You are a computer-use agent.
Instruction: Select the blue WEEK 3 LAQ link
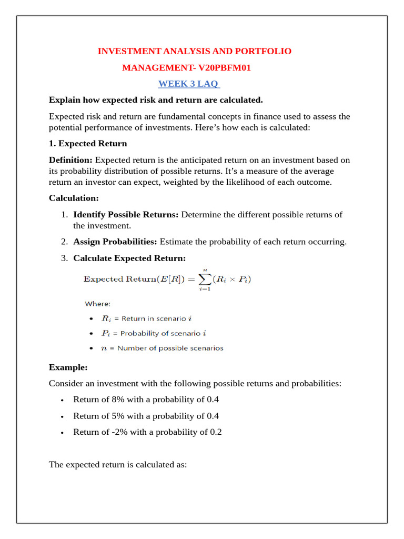click(x=189, y=84)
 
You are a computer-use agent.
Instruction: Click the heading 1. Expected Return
click(x=87, y=143)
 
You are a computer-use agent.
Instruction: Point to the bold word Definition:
click(x=70, y=160)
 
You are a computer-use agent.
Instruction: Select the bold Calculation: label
click(x=74, y=198)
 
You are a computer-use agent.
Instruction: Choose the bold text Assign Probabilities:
click(x=115, y=242)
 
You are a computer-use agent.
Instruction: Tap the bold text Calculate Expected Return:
click(x=129, y=258)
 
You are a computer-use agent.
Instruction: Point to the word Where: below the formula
click(x=97, y=304)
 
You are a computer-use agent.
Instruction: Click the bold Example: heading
click(x=68, y=367)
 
